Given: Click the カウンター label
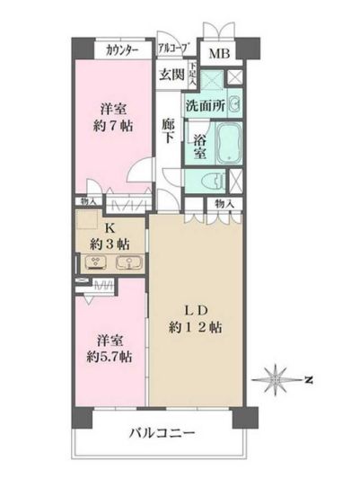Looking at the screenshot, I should [x=122, y=50].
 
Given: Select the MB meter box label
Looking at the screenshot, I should [x=219, y=52].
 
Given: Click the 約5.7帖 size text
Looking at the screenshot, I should [x=109, y=357].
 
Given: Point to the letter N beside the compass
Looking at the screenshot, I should [x=308, y=380].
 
